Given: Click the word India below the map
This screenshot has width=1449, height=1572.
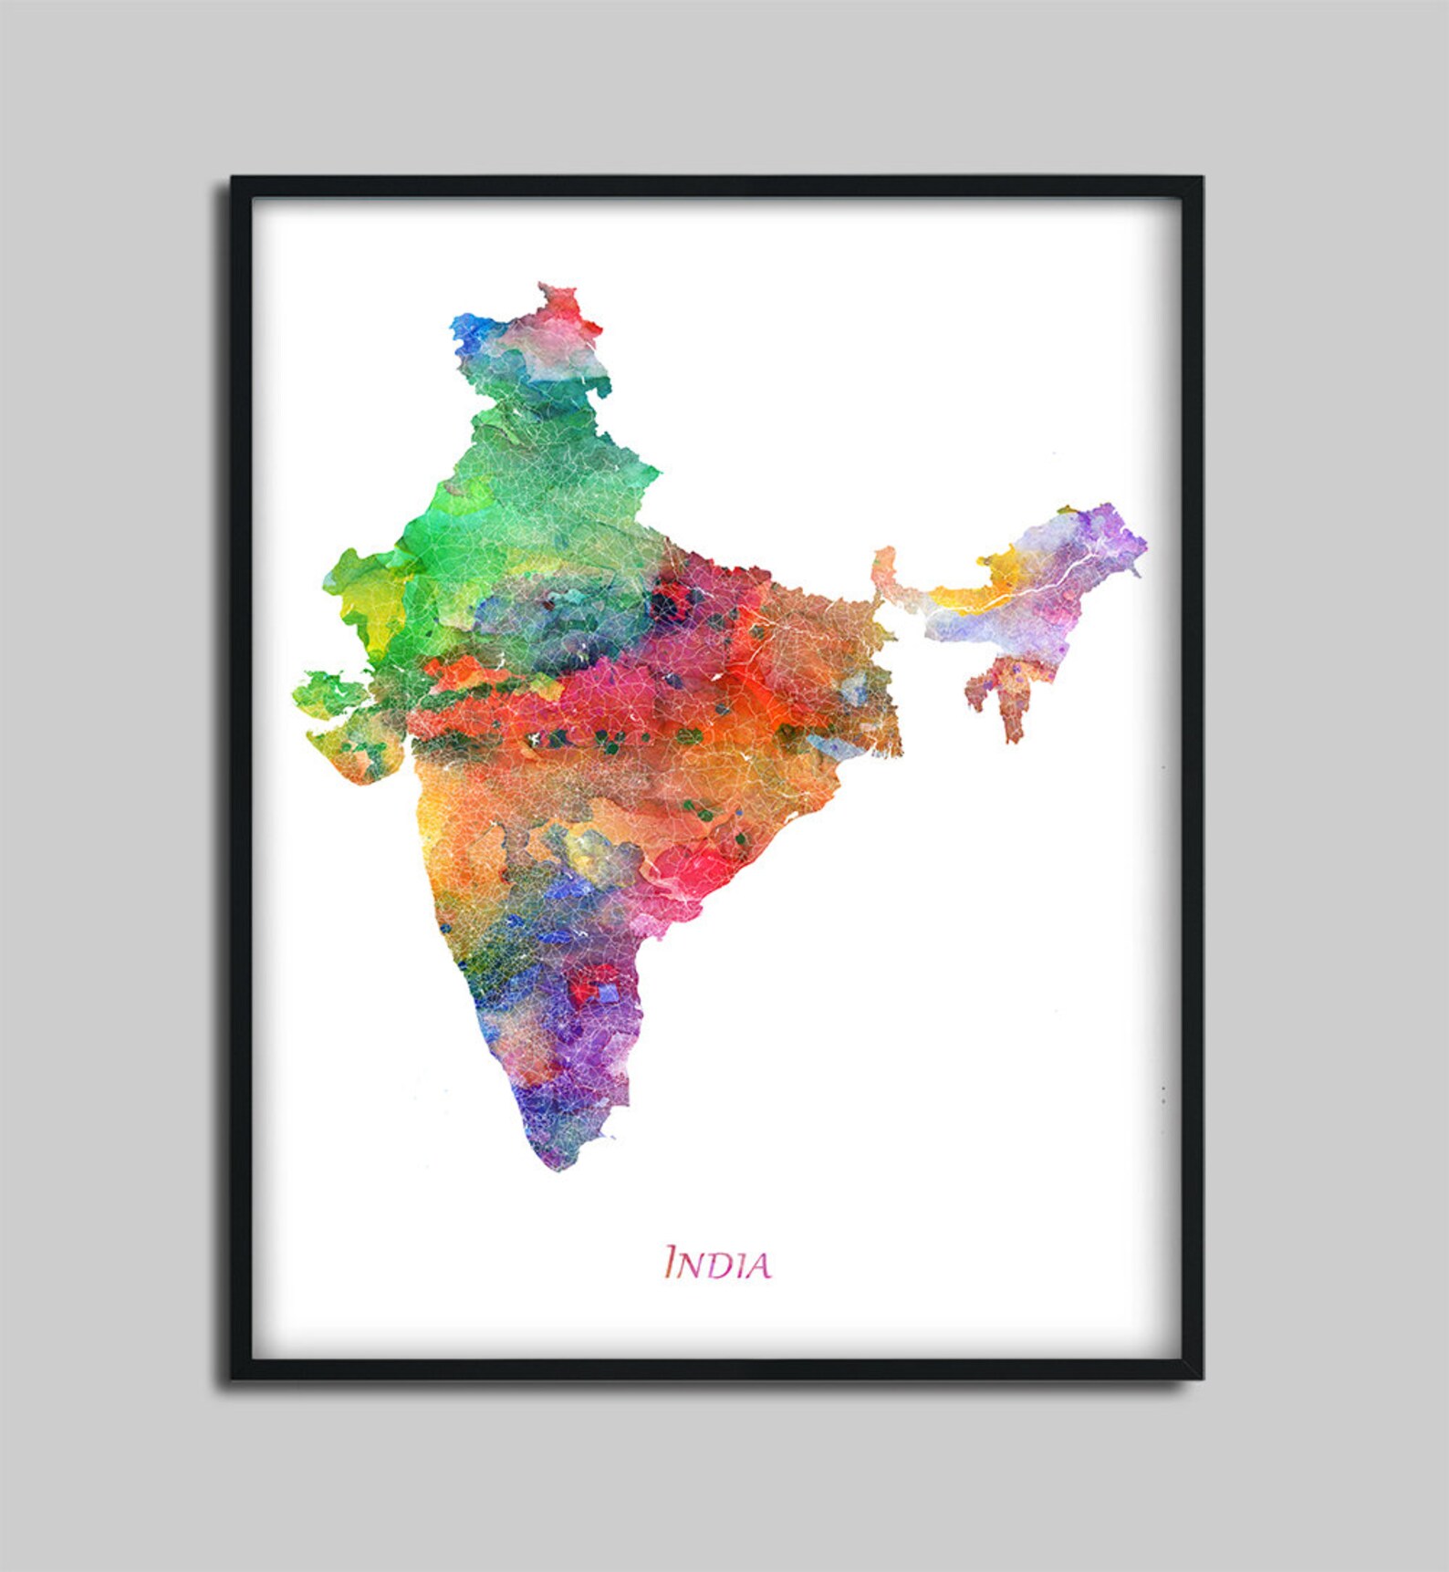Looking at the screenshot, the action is pyautogui.click(x=717, y=1264).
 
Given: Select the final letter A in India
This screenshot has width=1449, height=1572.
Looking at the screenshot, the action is pyautogui.click(x=757, y=1266).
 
